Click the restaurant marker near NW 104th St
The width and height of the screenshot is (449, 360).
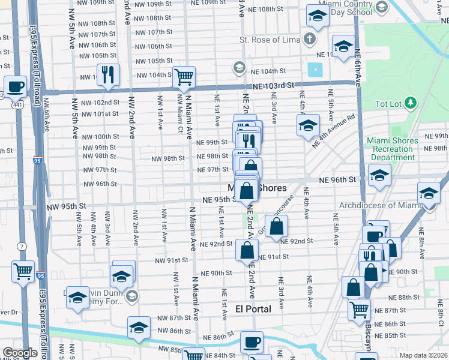pos(108,74)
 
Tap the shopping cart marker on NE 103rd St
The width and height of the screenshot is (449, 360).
pos(184,76)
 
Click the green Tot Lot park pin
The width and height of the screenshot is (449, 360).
pos(411,103)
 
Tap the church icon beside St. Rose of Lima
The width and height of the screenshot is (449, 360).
pos(309,40)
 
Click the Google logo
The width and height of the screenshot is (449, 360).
pos(20,353)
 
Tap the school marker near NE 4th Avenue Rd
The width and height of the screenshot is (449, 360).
pos(308,125)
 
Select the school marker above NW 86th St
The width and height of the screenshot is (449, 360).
pos(139,328)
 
